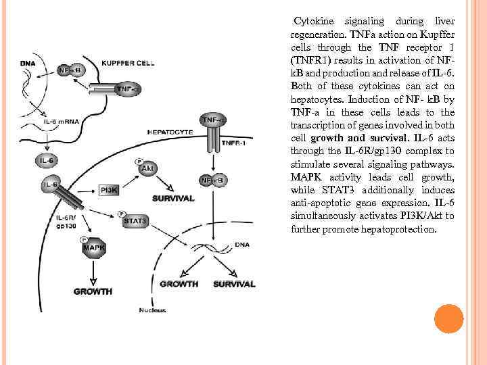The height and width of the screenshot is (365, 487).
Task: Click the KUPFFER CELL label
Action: [x=128, y=63]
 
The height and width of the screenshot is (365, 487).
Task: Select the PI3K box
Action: [x=109, y=191]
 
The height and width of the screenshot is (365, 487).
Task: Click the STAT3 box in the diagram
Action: [x=135, y=221]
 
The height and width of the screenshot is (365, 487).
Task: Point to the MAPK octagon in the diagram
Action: [x=93, y=248]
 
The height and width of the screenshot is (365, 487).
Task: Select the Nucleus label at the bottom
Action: [x=152, y=310]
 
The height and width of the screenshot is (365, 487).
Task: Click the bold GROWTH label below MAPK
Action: [x=93, y=291]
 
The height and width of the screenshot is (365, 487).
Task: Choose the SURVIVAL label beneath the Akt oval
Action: [x=173, y=198]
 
